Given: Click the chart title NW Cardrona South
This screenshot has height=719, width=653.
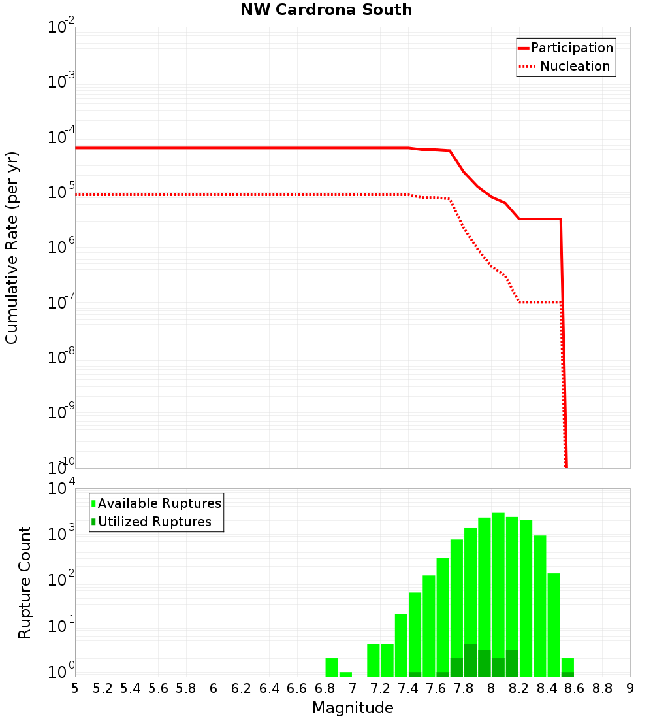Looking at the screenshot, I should pos(326,10).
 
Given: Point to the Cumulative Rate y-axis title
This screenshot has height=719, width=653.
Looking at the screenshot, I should pos(12,247).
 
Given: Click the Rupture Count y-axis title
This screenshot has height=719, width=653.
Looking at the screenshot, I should pos(25,582).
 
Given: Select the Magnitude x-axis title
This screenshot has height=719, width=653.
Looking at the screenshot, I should pos(353,708).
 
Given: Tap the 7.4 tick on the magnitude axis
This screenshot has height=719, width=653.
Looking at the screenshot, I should pos(408,688).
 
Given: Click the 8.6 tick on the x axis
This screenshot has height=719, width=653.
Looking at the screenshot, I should pos(575,688).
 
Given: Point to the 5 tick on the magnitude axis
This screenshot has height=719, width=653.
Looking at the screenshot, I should pos(75,688).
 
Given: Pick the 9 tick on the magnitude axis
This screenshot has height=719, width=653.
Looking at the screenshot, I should pos(630,688).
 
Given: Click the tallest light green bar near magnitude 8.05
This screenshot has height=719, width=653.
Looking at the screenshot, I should pos(498,588).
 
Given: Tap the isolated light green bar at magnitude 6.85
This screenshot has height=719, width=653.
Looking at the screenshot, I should pos(332,667).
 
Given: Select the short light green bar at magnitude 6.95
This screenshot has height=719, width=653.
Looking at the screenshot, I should pos(345,674).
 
